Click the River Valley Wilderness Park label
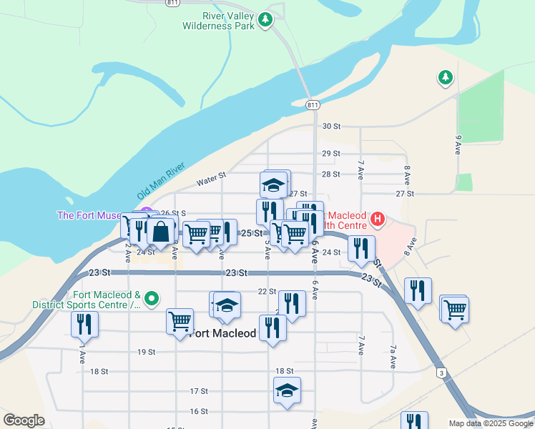click(x=218, y=21)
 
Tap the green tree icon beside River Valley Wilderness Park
click(x=266, y=19)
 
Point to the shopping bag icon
click(x=162, y=231)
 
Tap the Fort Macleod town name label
click(x=224, y=332)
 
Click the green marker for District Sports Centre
click(x=151, y=297)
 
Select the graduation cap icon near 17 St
click(x=287, y=390)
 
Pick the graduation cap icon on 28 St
click(x=273, y=185)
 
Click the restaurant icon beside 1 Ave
click(x=84, y=325)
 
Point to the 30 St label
click(x=330, y=127)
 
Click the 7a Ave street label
click(x=393, y=357)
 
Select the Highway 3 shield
click(x=442, y=373)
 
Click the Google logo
click(x=24, y=420)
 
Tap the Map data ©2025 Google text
click(x=491, y=423)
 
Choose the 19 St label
click(x=147, y=352)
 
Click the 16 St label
click(x=199, y=411)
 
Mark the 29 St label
click(x=330, y=154)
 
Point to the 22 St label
click(x=267, y=291)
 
